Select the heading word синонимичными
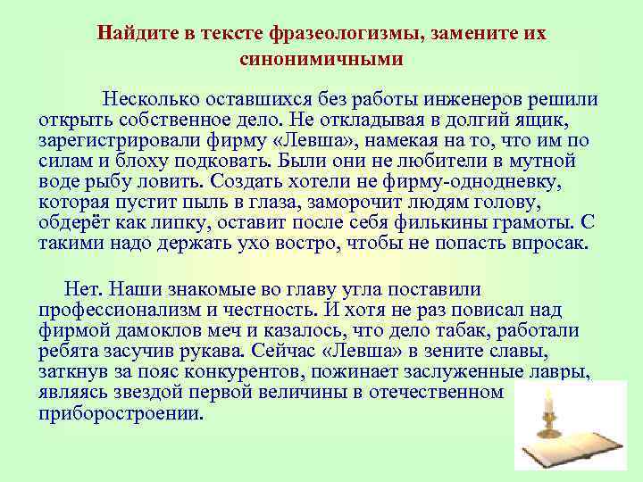tap(321, 60)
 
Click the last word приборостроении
tap(121, 414)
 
